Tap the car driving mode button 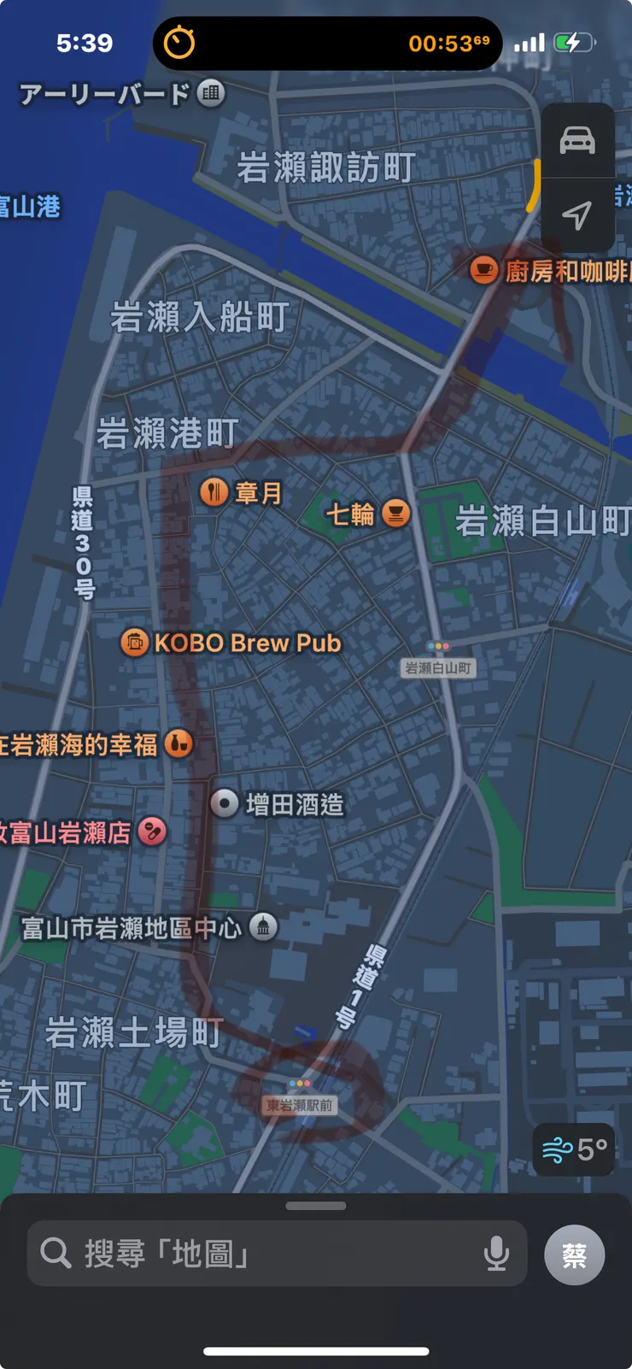577,140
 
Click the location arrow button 577,214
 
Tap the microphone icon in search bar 496,1254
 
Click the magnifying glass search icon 56,1254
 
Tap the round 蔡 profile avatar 575,1254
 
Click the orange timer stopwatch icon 179,43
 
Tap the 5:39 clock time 85,43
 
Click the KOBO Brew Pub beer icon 134,642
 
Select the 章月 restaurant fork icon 214,492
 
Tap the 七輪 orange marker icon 395,513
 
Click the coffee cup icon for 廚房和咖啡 484,270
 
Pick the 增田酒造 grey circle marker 225,803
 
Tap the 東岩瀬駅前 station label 299,1105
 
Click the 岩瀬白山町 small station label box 437,667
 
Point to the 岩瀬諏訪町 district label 326,167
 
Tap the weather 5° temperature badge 574,1149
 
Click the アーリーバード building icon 211,92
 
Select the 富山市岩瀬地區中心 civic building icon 263,926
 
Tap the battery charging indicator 574,43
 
